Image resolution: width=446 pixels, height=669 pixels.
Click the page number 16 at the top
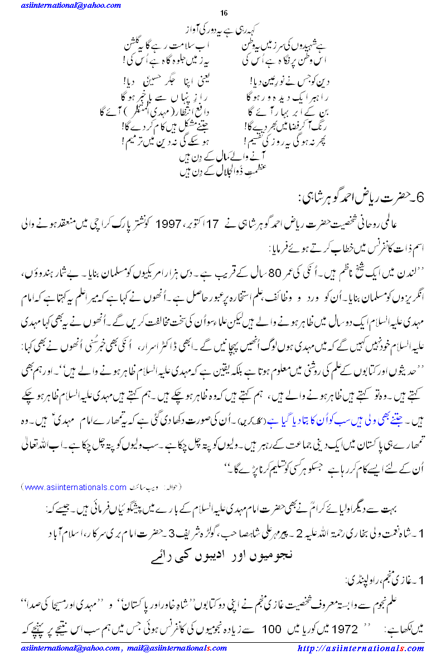click(x=224, y=13)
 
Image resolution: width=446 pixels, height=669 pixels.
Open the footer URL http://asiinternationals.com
click(x=361, y=649)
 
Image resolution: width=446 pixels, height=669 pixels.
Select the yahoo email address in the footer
click(x=69, y=649)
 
